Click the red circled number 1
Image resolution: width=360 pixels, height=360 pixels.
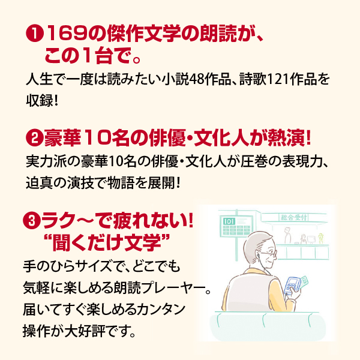point(35,34)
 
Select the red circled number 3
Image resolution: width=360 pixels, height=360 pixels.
point(32,221)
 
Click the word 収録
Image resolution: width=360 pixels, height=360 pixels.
point(40,100)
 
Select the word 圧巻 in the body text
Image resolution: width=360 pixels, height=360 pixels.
point(254,162)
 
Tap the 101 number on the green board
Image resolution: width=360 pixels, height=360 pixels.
point(229,221)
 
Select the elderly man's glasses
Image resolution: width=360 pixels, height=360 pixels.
point(271,253)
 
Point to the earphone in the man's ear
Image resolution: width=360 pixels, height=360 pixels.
point(258,255)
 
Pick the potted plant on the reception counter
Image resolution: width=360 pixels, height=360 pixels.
point(321,238)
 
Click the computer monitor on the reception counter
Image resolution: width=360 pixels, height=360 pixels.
point(311,240)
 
